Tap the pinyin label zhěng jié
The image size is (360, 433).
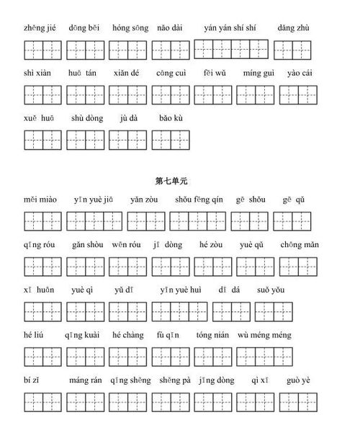pos(40,29)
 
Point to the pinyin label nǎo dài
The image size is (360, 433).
pos(170,29)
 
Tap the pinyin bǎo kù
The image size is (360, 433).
pos(170,117)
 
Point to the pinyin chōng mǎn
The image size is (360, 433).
pos(295,245)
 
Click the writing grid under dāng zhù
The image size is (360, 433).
pos(292,50)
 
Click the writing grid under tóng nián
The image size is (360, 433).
pos(212,355)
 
